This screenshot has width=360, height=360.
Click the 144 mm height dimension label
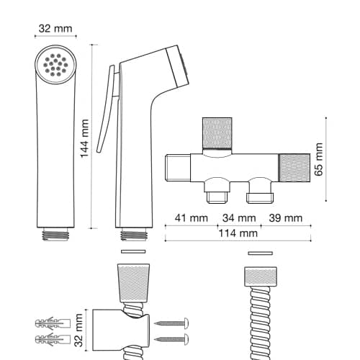[84, 138]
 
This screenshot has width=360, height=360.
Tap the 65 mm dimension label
[319, 159]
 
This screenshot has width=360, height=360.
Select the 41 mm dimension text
[192, 218]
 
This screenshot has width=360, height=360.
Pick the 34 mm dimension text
[239, 218]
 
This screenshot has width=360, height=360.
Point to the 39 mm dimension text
[286, 218]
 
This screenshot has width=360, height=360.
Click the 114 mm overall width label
[238, 233]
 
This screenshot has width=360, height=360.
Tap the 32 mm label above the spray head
[55, 29]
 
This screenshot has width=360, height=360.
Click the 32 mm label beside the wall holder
[78, 330]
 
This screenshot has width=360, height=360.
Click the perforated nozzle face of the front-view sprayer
[55, 65]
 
